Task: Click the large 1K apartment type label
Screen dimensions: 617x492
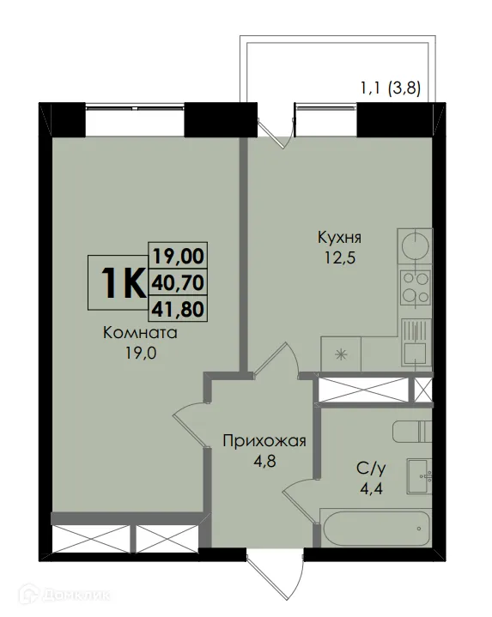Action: pyautogui.click(x=121, y=282)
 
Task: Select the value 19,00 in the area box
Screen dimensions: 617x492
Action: pyautogui.click(x=179, y=254)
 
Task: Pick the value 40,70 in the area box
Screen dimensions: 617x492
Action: pyautogui.click(x=179, y=281)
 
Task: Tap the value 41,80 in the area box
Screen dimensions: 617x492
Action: pyautogui.click(x=179, y=307)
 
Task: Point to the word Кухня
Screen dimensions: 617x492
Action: pyautogui.click(x=337, y=238)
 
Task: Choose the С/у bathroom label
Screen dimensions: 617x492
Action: pyautogui.click(x=370, y=469)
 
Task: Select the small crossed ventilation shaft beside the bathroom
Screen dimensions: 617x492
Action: pyautogui.click(x=423, y=388)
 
